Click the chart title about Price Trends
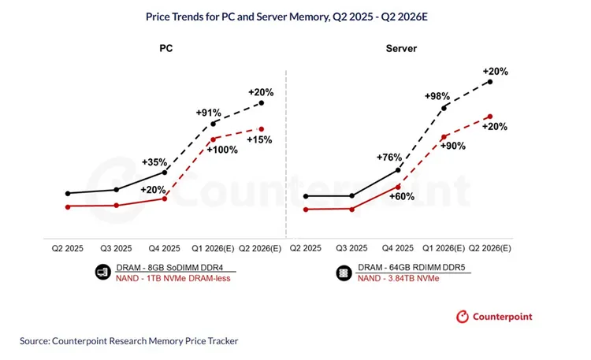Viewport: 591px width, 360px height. click(295, 14)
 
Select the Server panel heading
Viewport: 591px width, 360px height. click(402, 48)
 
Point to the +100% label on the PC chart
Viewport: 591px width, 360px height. click(225, 149)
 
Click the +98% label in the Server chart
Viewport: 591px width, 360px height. click(440, 96)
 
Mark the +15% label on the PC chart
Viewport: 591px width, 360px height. click(259, 139)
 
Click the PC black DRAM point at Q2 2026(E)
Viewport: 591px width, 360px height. click(262, 103)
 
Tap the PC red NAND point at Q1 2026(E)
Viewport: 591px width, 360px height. click(213, 139)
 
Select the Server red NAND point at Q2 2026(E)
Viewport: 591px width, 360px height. click(490, 117)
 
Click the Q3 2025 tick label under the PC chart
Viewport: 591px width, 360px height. click(117, 247)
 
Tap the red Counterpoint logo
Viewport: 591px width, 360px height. click(465, 317)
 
